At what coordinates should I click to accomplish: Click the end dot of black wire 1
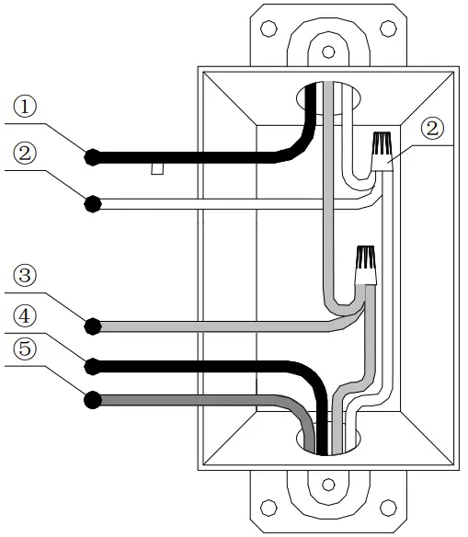point(91,156)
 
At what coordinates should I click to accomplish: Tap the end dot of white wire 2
point(92,203)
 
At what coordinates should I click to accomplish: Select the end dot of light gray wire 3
point(92,326)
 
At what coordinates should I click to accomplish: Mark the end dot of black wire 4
point(91,366)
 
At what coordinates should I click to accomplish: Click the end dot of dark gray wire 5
point(91,399)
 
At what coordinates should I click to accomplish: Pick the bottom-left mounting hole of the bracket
point(268,507)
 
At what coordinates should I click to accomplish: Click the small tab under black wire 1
point(158,168)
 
